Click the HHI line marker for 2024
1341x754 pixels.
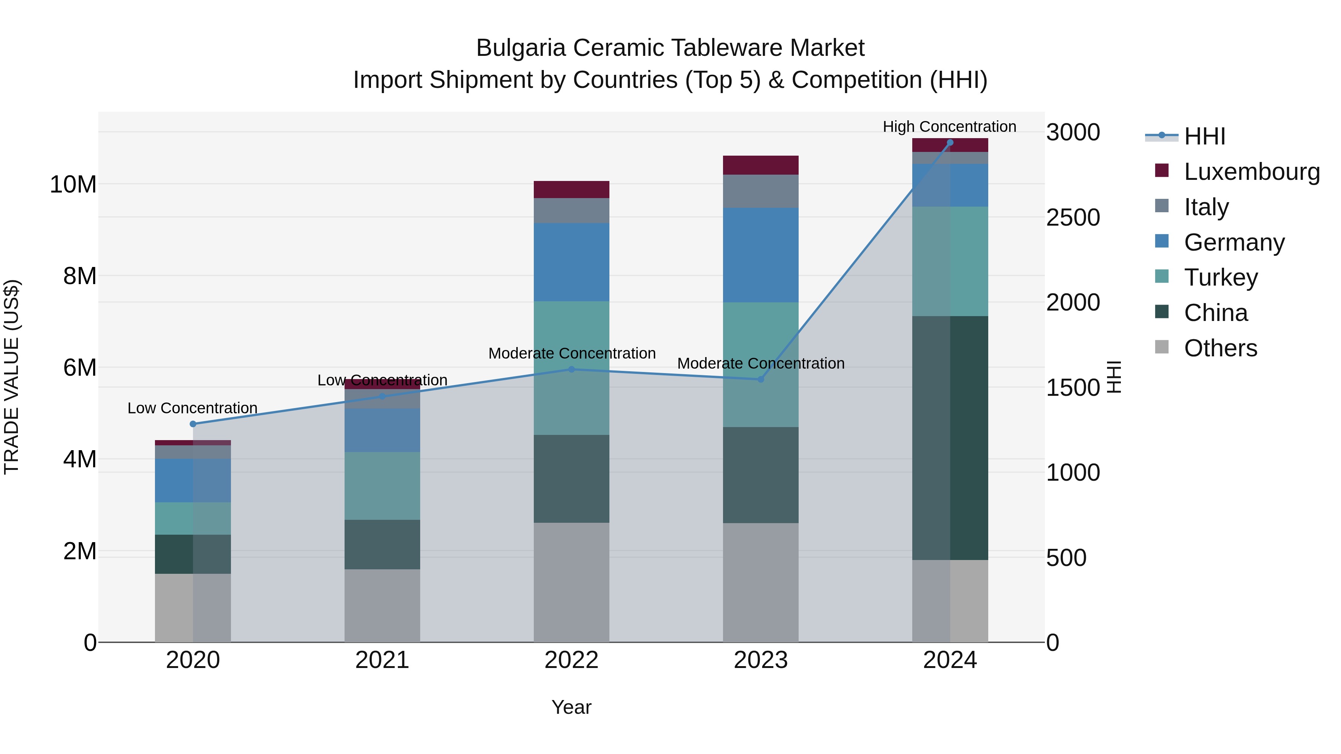(950, 143)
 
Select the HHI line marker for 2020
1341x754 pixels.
(193, 424)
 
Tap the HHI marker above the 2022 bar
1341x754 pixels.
(571, 369)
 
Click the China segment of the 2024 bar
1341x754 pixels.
(950, 438)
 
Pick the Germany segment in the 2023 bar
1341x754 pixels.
(761, 255)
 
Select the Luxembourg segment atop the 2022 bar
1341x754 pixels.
(571, 190)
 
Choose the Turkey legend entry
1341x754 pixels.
(1220, 277)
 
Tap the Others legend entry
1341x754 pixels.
(1220, 348)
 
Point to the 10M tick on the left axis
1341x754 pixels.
(73, 184)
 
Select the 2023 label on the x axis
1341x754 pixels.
(761, 660)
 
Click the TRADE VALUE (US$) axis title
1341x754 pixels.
(12, 377)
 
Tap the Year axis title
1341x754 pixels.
(571, 707)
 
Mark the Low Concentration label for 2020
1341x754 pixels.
(192, 408)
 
